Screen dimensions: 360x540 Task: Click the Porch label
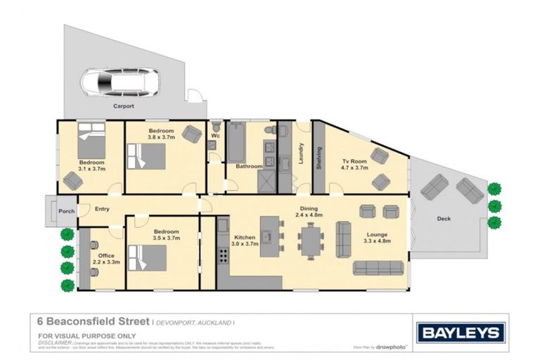coord(67,211)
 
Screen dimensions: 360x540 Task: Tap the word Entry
coord(102,209)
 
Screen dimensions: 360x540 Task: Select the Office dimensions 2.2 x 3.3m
coord(106,262)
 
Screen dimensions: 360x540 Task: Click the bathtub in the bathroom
coord(236,143)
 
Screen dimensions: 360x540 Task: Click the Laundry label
coord(301,154)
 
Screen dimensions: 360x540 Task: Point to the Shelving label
coord(319,157)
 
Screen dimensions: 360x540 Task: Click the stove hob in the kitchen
coord(223,253)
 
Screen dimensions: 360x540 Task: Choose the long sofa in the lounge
coord(378,268)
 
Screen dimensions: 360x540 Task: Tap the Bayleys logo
coord(461,333)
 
